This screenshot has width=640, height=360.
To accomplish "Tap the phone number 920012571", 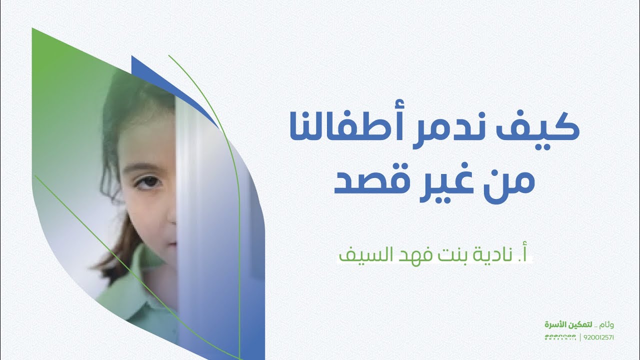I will (x=598, y=337).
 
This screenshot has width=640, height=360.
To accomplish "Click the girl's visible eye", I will (x=148, y=180).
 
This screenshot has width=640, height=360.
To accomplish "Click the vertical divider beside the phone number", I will (x=580, y=337).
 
